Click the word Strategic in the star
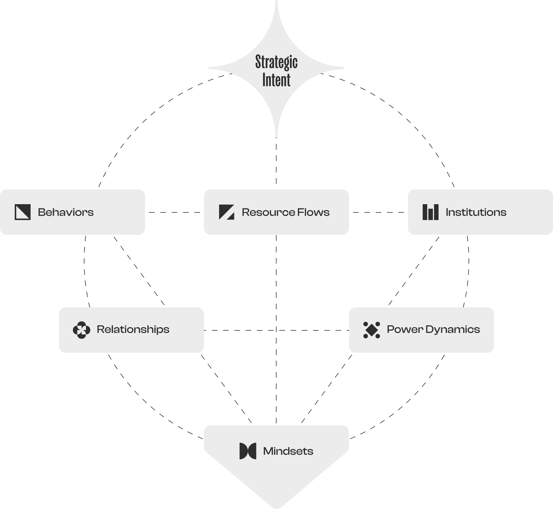(276, 62)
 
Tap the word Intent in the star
(276, 80)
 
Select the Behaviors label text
(66, 212)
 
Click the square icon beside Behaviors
(23, 212)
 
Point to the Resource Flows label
(286, 212)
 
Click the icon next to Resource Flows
(227, 212)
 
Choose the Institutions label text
(476, 212)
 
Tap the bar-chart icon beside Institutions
(431, 212)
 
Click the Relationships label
(133, 330)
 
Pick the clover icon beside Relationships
(82, 330)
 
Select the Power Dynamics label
(433, 330)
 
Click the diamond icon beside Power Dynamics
(372, 330)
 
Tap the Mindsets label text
(288, 451)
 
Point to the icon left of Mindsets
(248, 451)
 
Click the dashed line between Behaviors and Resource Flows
(175, 212)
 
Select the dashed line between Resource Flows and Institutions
(378, 212)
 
